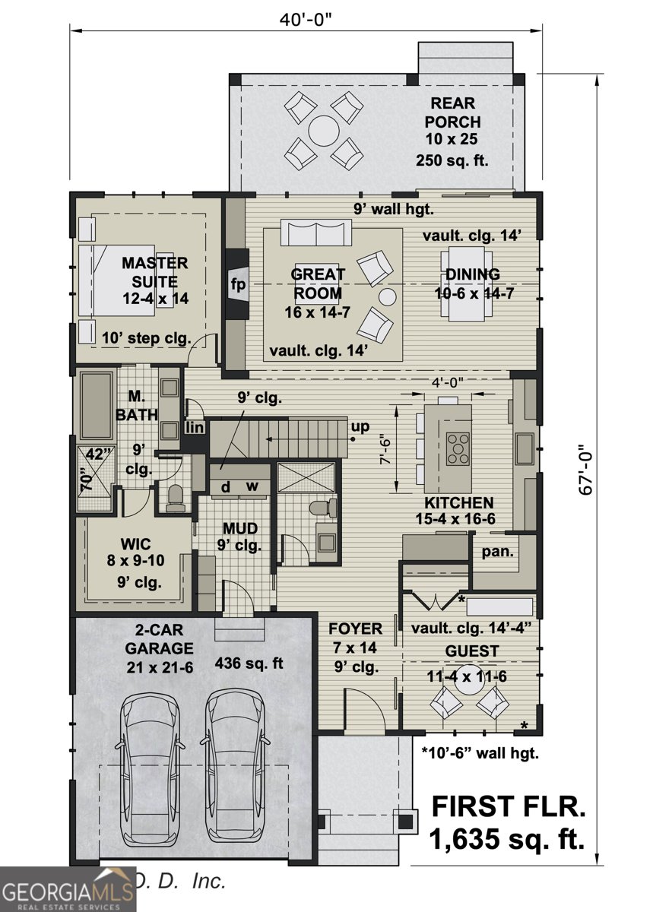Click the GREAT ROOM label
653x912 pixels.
point(318,283)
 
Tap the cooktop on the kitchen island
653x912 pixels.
point(458,447)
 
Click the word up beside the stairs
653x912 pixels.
point(360,426)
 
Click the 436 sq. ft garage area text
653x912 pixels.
point(249,663)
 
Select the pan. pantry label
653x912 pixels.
point(498,550)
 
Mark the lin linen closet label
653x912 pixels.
point(195,428)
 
